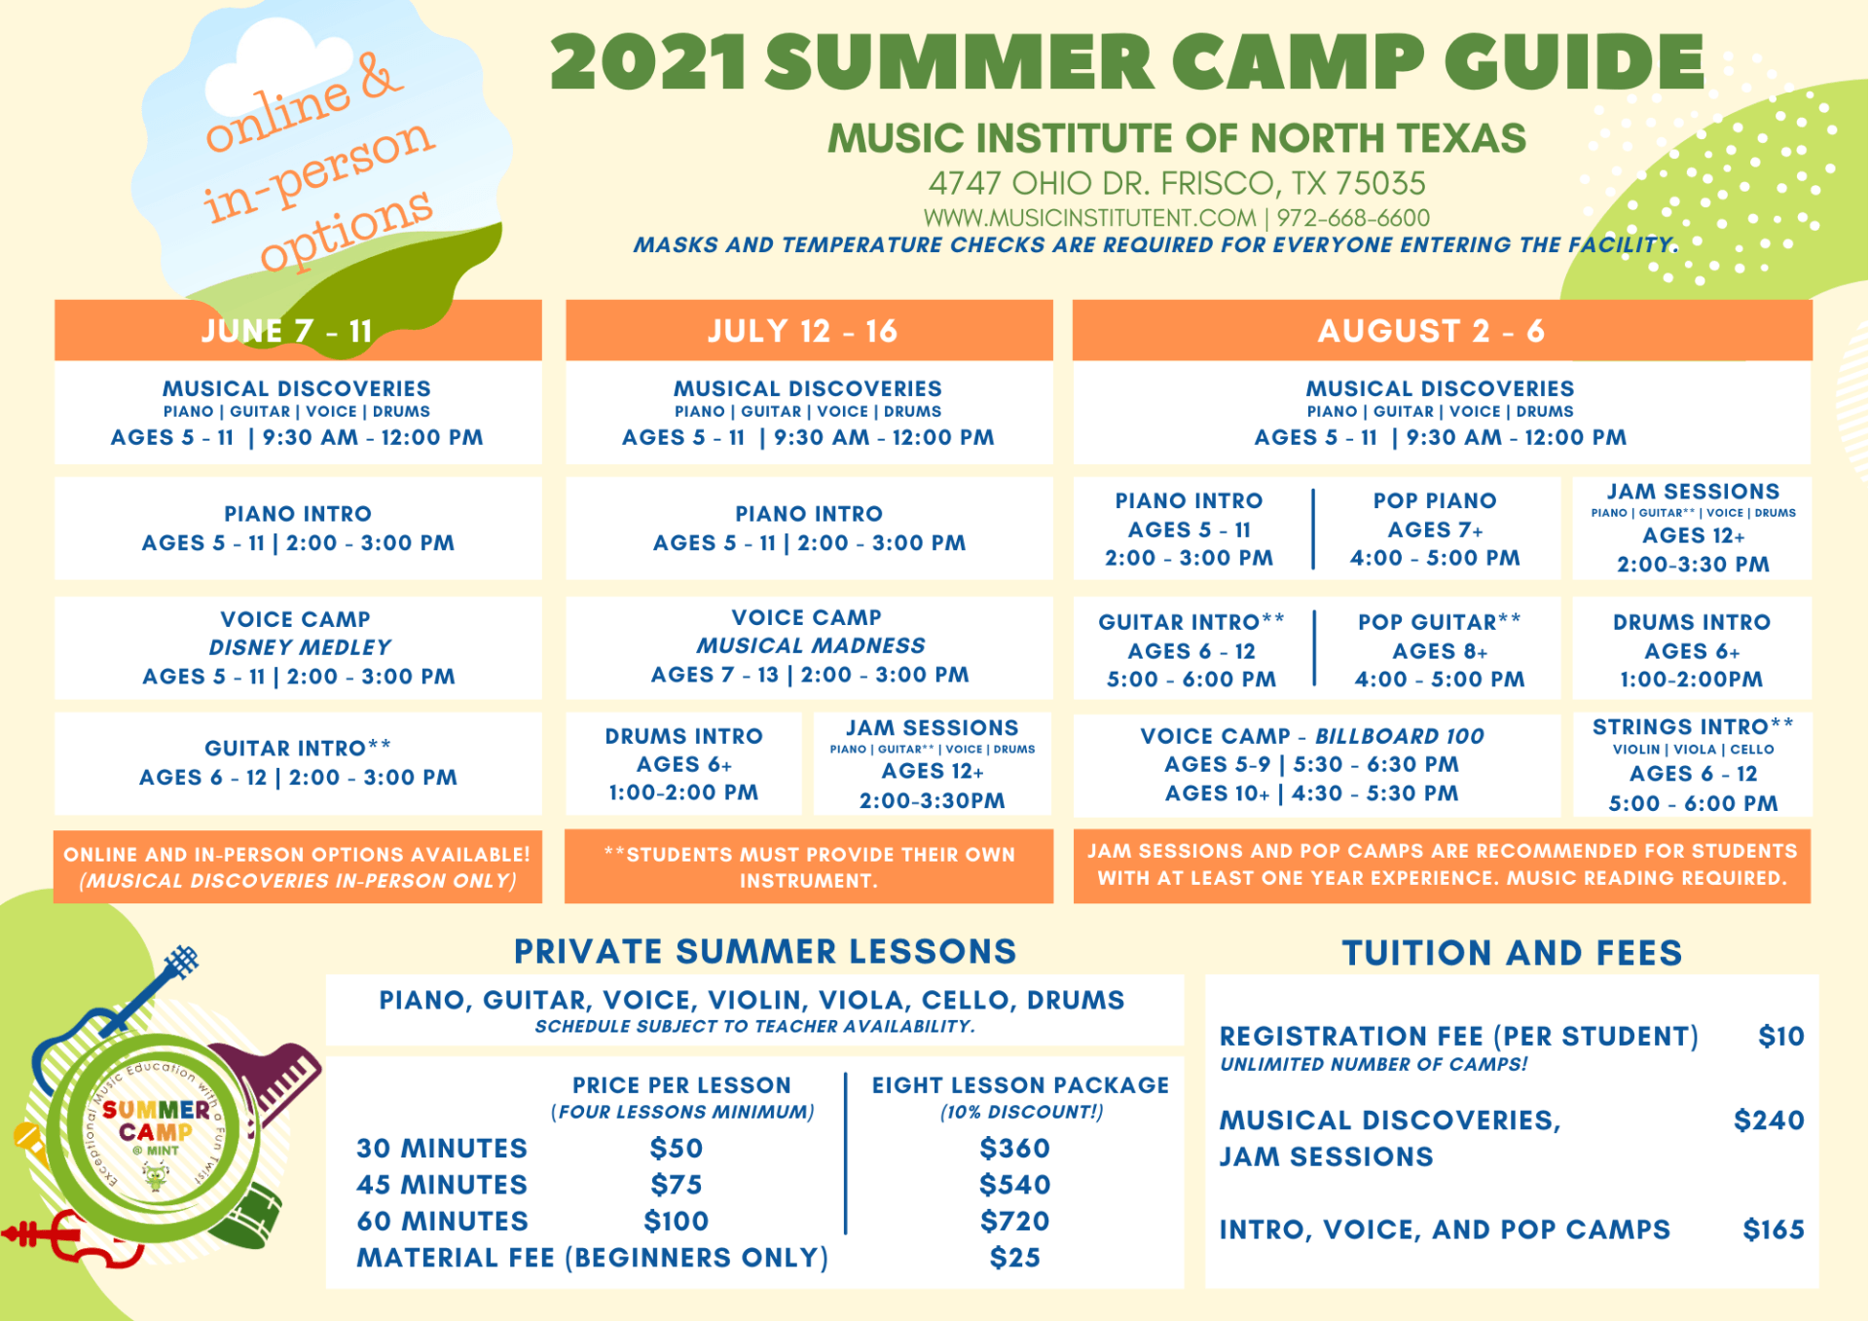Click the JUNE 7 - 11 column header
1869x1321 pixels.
[x=287, y=331]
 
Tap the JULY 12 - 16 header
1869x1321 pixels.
[x=802, y=331]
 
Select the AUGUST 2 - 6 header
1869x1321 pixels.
[x=1431, y=331]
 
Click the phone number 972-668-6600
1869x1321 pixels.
[x=1353, y=218]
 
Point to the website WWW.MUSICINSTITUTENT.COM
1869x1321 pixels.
[x=1089, y=218]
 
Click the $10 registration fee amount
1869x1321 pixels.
[x=1780, y=1036]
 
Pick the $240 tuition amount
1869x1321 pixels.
[x=1769, y=1120]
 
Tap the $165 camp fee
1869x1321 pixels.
[x=1773, y=1229]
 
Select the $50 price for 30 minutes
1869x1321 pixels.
[x=676, y=1149]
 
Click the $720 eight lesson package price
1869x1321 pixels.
[x=1014, y=1221]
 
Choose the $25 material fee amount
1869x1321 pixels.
[x=1014, y=1258]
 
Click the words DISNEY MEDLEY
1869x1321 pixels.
[x=299, y=647]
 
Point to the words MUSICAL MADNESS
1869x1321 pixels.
[x=810, y=645]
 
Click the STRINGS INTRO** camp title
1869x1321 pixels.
[x=1692, y=727]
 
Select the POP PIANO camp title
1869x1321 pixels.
[x=1434, y=500]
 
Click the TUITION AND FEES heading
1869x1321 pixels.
[x=1512, y=953]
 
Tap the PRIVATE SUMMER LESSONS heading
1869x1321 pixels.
[x=765, y=952]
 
